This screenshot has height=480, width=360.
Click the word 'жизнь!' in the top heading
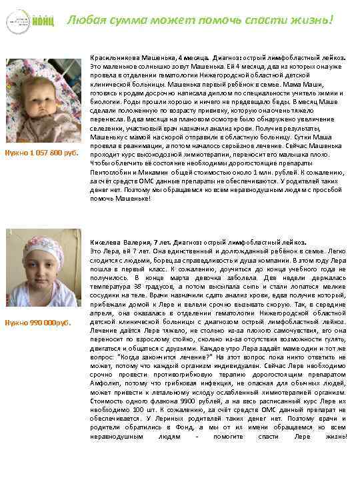tap(311, 20)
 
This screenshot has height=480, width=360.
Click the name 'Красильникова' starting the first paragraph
tap(111, 59)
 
